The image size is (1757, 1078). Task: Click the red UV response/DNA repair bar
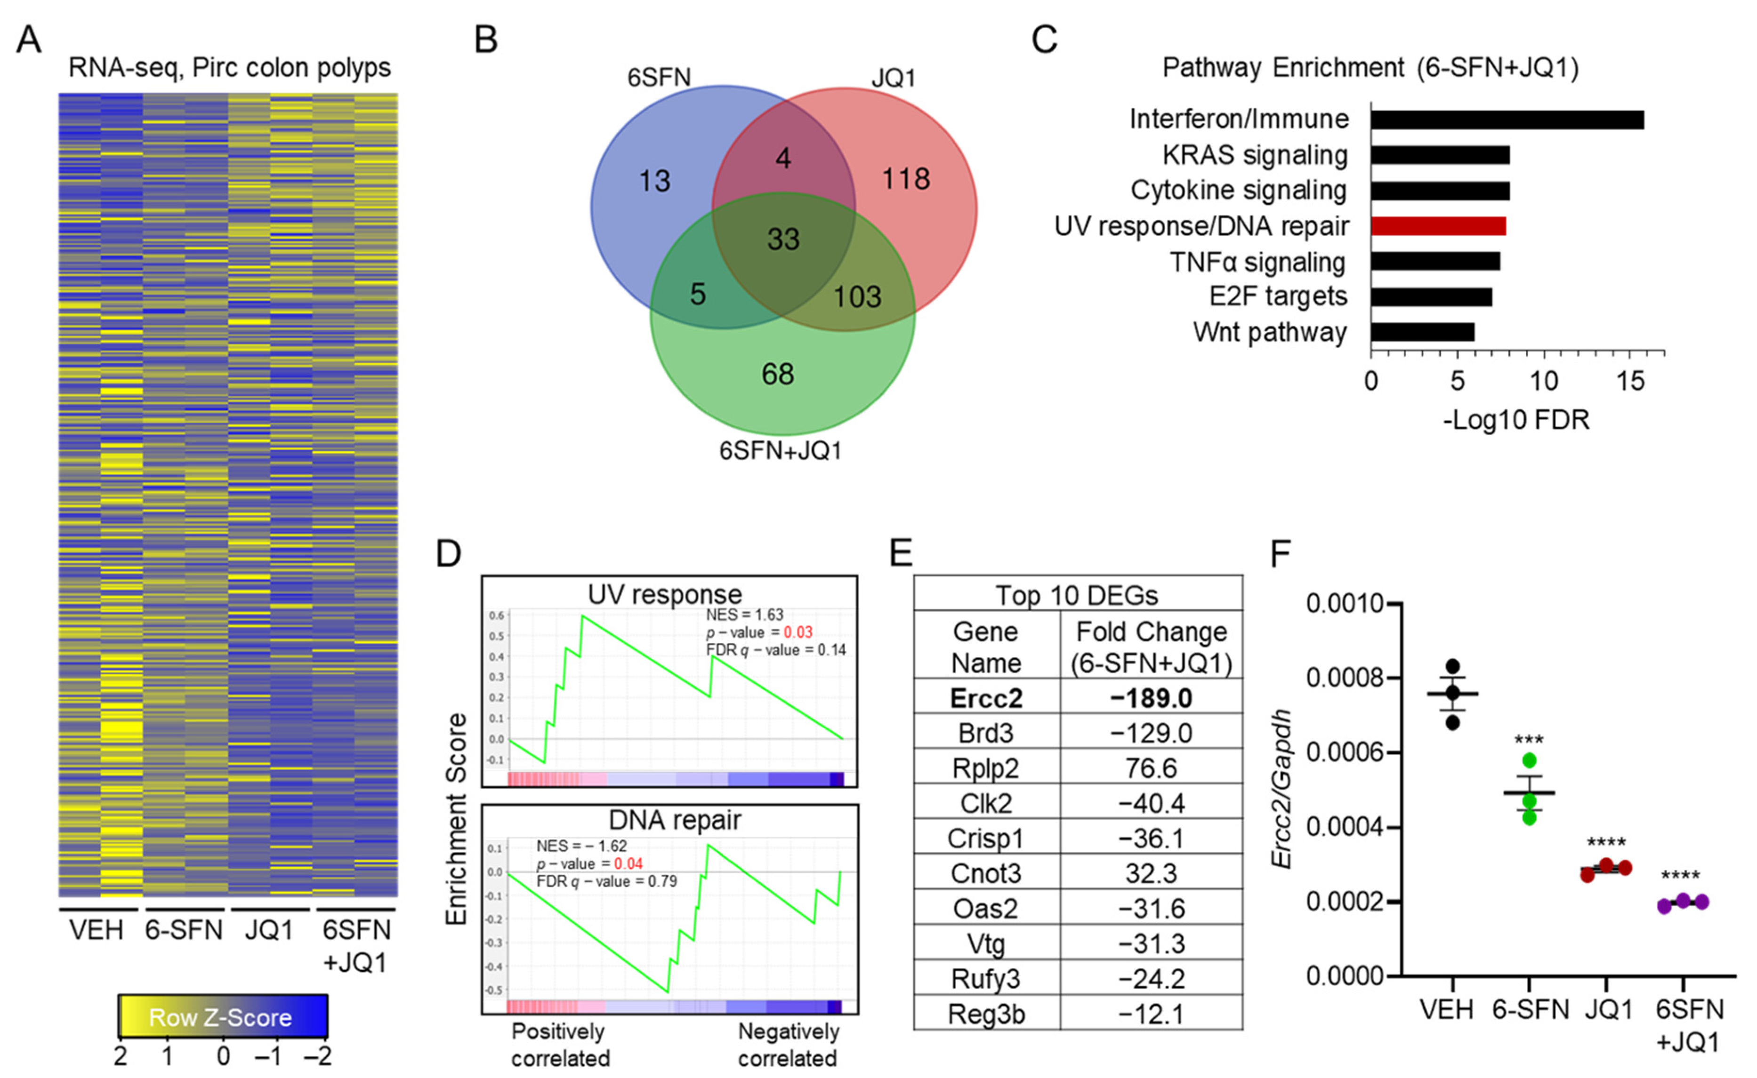1437,226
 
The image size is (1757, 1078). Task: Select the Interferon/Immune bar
1507,120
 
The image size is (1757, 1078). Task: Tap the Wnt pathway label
1270,332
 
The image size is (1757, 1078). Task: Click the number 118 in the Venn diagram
905,178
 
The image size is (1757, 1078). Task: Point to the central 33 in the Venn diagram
782,239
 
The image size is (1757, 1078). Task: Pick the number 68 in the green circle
778,374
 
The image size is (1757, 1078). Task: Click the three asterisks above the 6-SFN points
1528,739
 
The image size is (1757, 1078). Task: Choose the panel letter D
449,554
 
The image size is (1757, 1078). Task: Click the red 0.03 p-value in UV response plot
798,632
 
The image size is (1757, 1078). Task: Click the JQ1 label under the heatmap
269,930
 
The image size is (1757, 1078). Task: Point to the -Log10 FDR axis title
1516,420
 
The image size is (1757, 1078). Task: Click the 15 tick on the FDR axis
1630,382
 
